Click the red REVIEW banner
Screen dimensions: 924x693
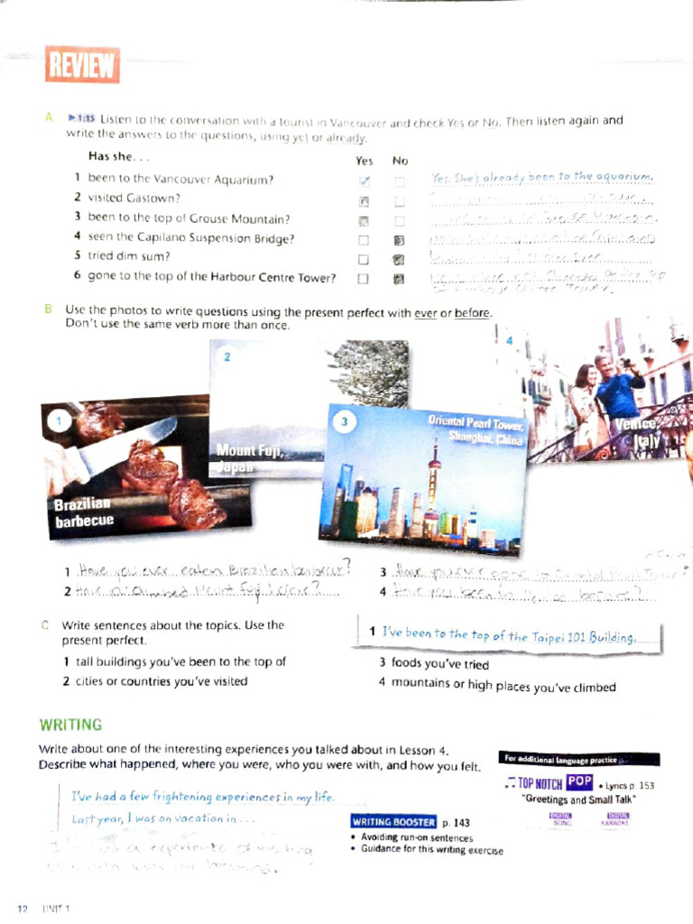point(81,65)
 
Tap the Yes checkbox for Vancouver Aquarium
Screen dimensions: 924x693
point(364,181)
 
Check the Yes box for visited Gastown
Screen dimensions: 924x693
point(364,200)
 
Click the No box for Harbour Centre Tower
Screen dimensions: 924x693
point(398,280)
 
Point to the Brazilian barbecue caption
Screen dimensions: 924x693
point(83,512)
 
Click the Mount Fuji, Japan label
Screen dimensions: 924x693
point(248,458)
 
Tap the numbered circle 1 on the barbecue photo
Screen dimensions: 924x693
point(59,420)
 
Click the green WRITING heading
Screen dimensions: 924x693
point(70,725)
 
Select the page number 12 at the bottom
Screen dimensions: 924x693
point(22,906)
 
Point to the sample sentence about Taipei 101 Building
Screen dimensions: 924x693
point(509,636)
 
